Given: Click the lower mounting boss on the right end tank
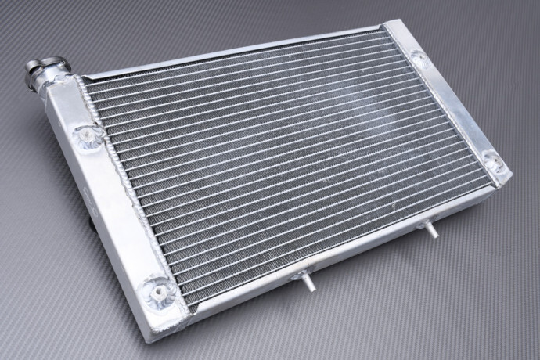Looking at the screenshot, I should click(x=493, y=161).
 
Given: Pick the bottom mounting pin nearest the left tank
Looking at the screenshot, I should click(x=308, y=281).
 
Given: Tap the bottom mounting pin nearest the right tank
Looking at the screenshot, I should click(x=430, y=230).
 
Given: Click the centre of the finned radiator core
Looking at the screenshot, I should click(x=290, y=160).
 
